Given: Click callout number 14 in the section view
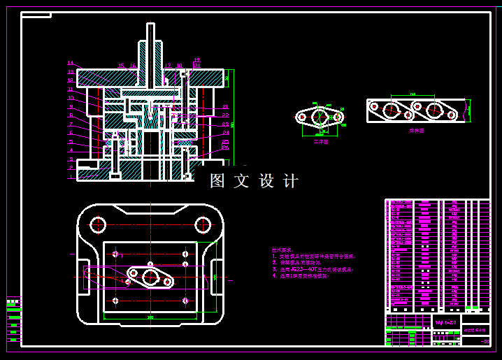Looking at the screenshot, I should pyautogui.click(x=71, y=63).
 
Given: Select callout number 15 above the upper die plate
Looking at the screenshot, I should pyautogui.click(x=121, y=66).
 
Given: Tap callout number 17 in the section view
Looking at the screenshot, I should pyautogui.click(x=168, y=66).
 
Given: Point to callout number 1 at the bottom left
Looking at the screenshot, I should pyautogui.click(x=71, y=176).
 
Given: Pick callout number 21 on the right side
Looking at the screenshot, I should pyautogui.click(x=226, y=106).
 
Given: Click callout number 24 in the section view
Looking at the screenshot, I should pyautogui.click(x=226, y=132).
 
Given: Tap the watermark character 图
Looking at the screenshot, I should pyautogui.click(x=219, y=181).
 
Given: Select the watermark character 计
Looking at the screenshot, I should pyautogui.click(x=290, y=181).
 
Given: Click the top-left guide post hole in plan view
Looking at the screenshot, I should pyautogui.click(x=97, y=224).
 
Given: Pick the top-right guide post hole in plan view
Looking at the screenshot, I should pyautogui.click(x=203, y=224).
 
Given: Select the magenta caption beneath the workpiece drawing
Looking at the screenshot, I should pyautogui.click(x=320, y=141).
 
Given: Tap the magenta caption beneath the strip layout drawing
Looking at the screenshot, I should pyautogui.click(x=417, y=130).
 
